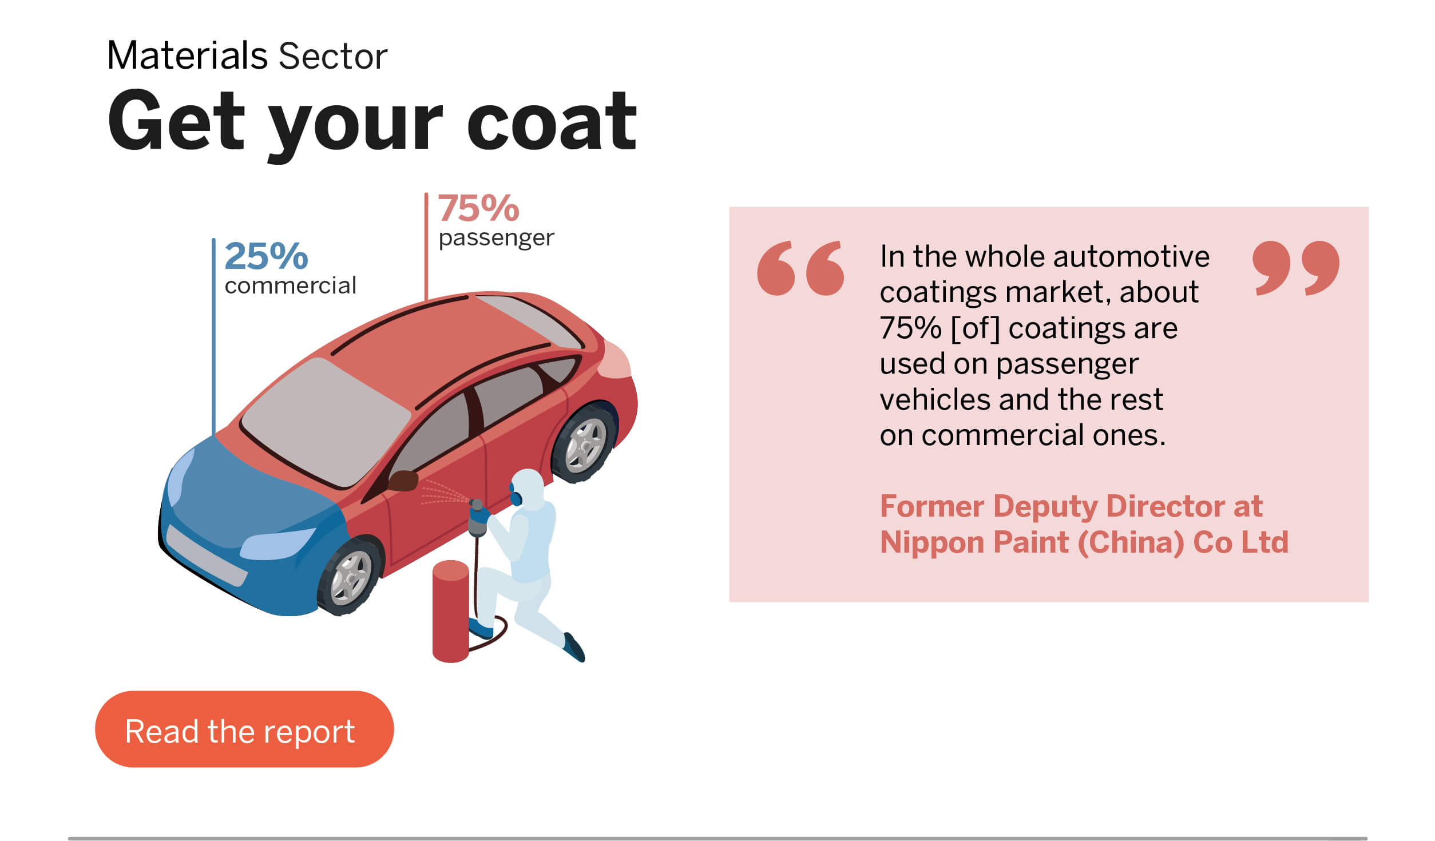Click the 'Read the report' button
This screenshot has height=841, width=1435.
244,729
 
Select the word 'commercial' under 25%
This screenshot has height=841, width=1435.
290,285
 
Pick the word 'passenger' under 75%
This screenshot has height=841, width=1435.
496,238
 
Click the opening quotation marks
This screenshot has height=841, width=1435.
800,268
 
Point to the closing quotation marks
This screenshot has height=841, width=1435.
1296,268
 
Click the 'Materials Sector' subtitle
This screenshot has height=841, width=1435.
247,56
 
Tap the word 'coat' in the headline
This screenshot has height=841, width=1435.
552,121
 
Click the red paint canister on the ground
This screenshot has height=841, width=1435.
451,611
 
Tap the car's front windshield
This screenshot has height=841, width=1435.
326,422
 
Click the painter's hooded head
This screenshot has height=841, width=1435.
526,488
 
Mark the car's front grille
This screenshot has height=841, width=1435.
207,556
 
